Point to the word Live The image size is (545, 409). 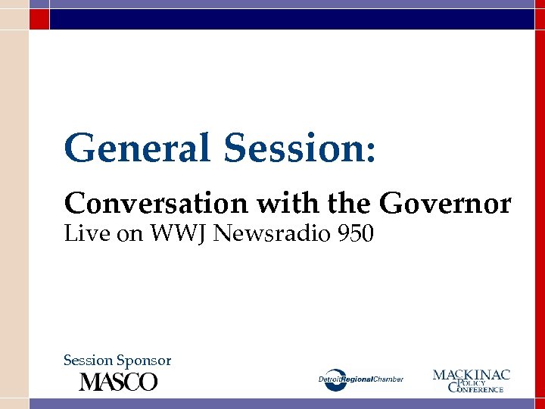click(83, 234)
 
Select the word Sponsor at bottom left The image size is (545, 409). click(144, 361)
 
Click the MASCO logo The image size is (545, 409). click(119, 381)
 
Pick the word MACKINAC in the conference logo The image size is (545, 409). click(471, 374)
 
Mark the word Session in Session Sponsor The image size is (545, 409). click(88, 361)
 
